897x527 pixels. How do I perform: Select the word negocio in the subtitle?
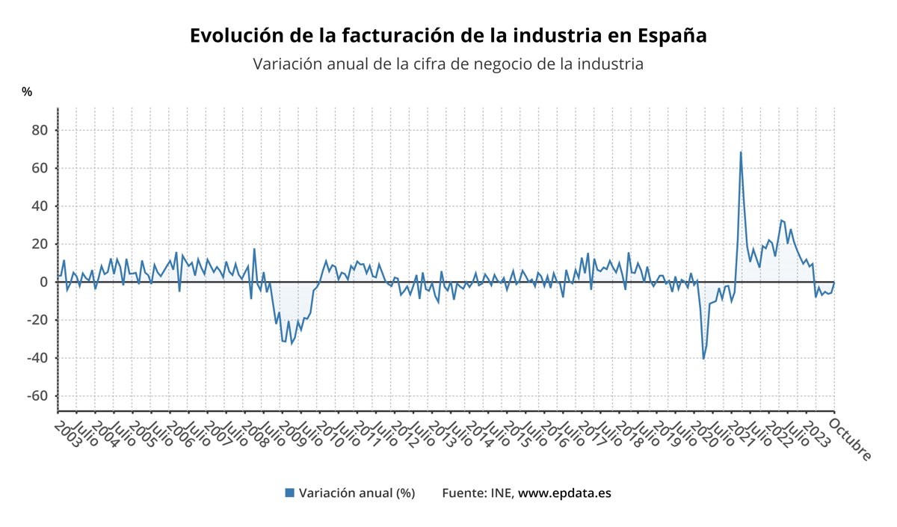[x=480, y=64]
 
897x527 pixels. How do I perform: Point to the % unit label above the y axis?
[x=27, y=92]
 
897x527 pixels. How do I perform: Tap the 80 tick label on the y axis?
[x=39, y=130]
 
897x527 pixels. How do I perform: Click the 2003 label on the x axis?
[x=67, y=434]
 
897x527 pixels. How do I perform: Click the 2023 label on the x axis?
[x=816, y=434]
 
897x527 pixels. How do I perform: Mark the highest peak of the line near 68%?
[x=741, y=152]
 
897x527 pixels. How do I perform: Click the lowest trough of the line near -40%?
[x=703, y=359]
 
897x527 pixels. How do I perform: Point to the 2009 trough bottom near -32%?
[x=291, y=343]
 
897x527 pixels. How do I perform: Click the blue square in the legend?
[x=289, y=493]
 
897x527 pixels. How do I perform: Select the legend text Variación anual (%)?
[x=357, y=493]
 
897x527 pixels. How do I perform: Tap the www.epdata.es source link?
[x=564, y=493]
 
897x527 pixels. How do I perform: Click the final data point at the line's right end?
[x=834, y=283]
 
